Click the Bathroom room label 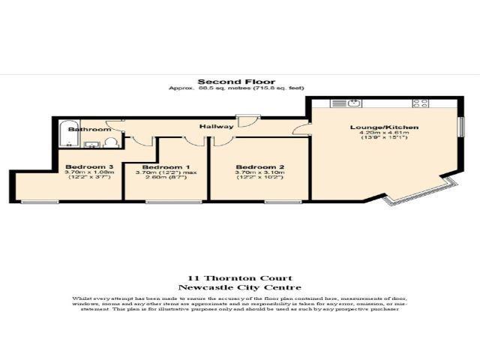(x=84, y=129)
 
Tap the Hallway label (x=216, y=126)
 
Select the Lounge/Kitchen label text (x=384, y=127)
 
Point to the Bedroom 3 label (x=89, y=166)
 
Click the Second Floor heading (x=236, y=82)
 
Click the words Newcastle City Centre (x=238, y=287)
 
